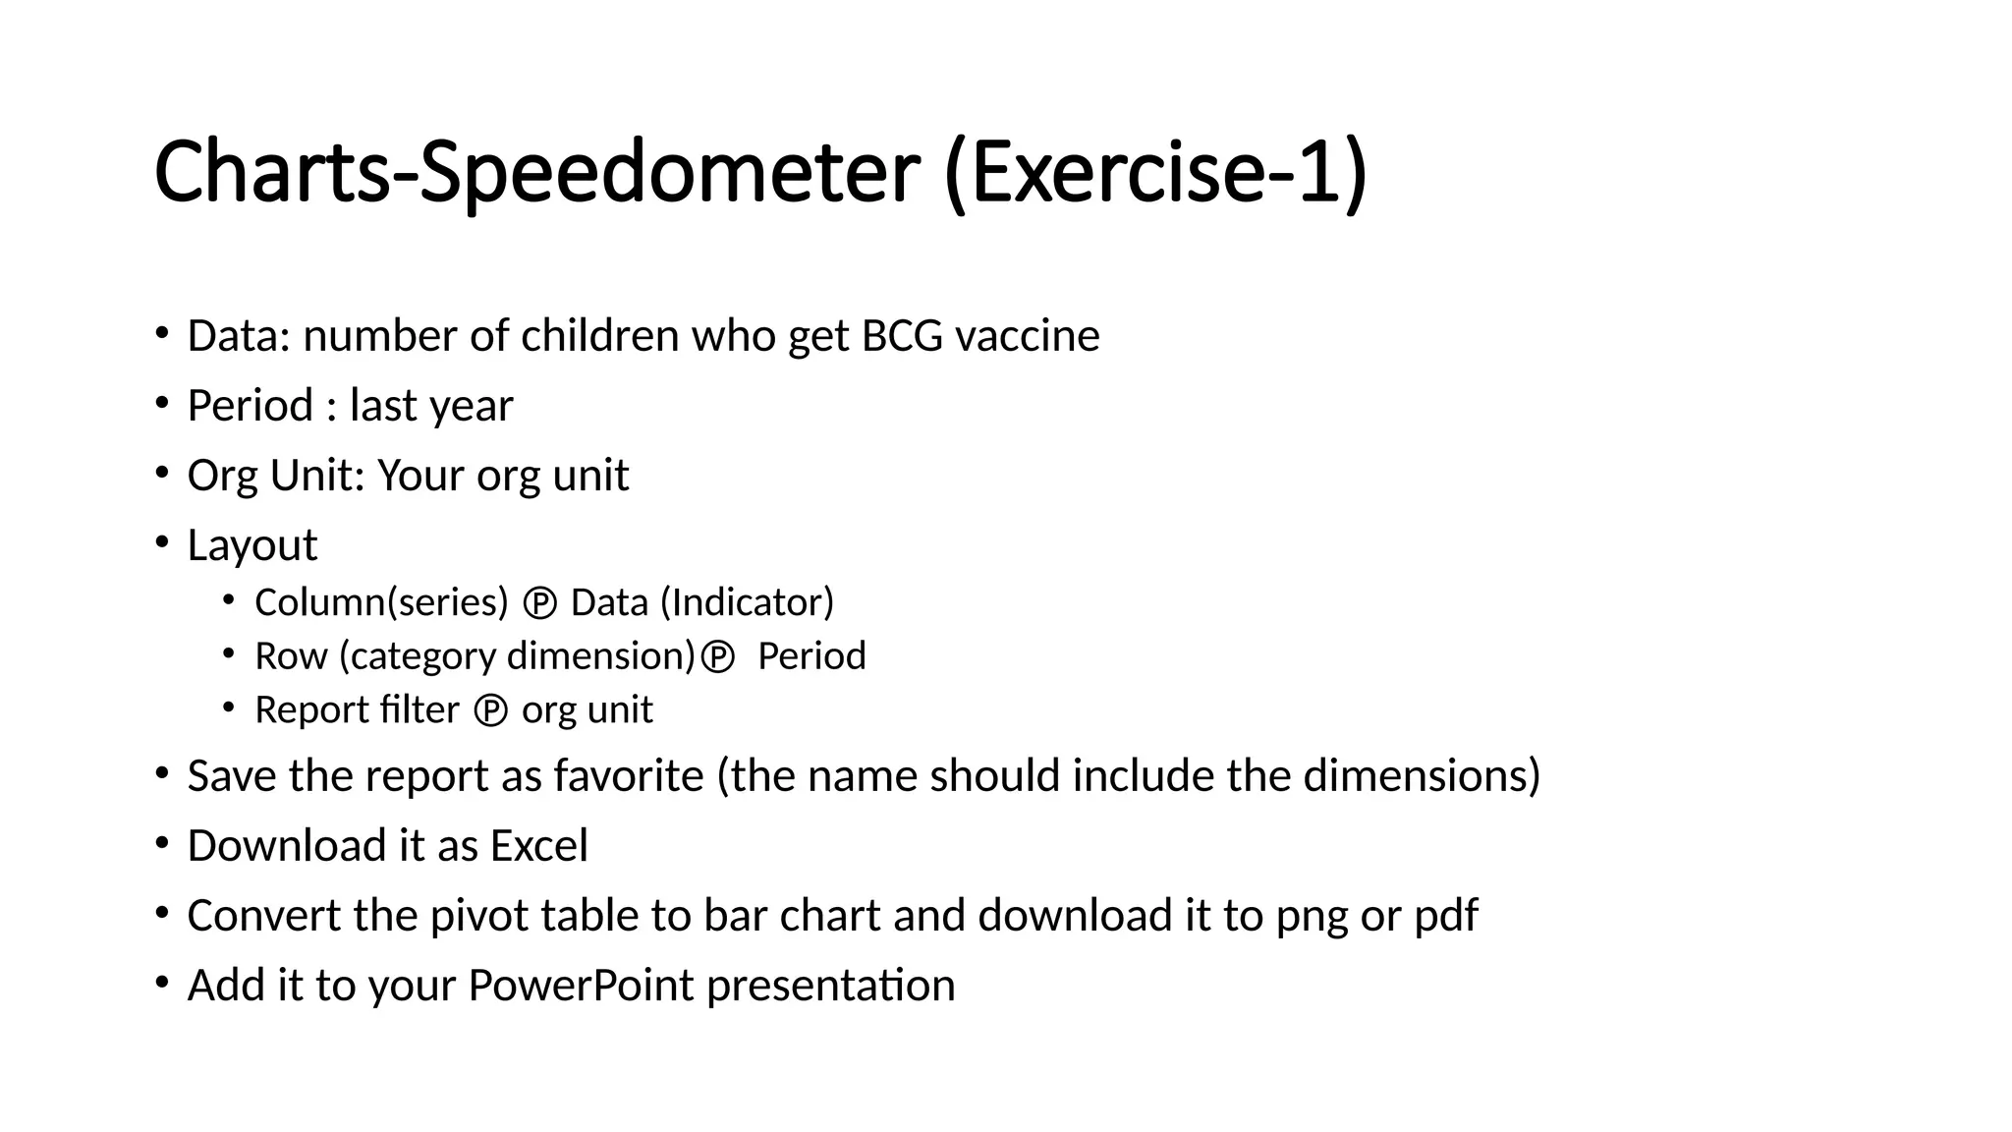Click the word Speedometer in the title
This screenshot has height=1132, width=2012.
(668, 173)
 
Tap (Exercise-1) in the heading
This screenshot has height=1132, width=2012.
(1155, 173)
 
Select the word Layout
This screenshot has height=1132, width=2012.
(252, 545)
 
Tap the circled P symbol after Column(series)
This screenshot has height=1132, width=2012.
(539, 603)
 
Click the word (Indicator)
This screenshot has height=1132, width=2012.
(747, 602)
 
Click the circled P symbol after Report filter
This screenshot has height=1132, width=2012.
(490, 710)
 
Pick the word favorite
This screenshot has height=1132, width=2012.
(629, 776)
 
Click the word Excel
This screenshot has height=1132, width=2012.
(538, 846)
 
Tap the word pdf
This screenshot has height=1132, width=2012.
(1445, 916)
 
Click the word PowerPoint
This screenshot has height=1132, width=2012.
(581, 986)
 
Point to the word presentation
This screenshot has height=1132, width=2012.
(830, 986)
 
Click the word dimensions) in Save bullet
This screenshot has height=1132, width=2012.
(1422, 776)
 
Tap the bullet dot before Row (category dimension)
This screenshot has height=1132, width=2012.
(229, 652)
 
